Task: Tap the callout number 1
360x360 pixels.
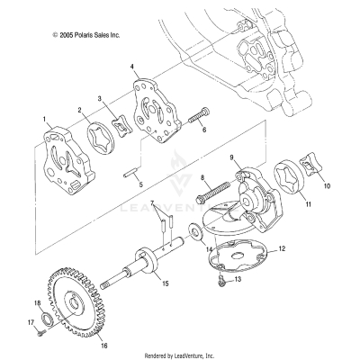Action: click(42, 118)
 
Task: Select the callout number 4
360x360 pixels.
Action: click(132, 67)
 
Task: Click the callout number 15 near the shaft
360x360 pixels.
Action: click(165, 283)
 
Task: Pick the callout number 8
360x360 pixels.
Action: click(202, 180)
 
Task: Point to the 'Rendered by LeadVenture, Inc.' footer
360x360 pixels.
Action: click(179, 355)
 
